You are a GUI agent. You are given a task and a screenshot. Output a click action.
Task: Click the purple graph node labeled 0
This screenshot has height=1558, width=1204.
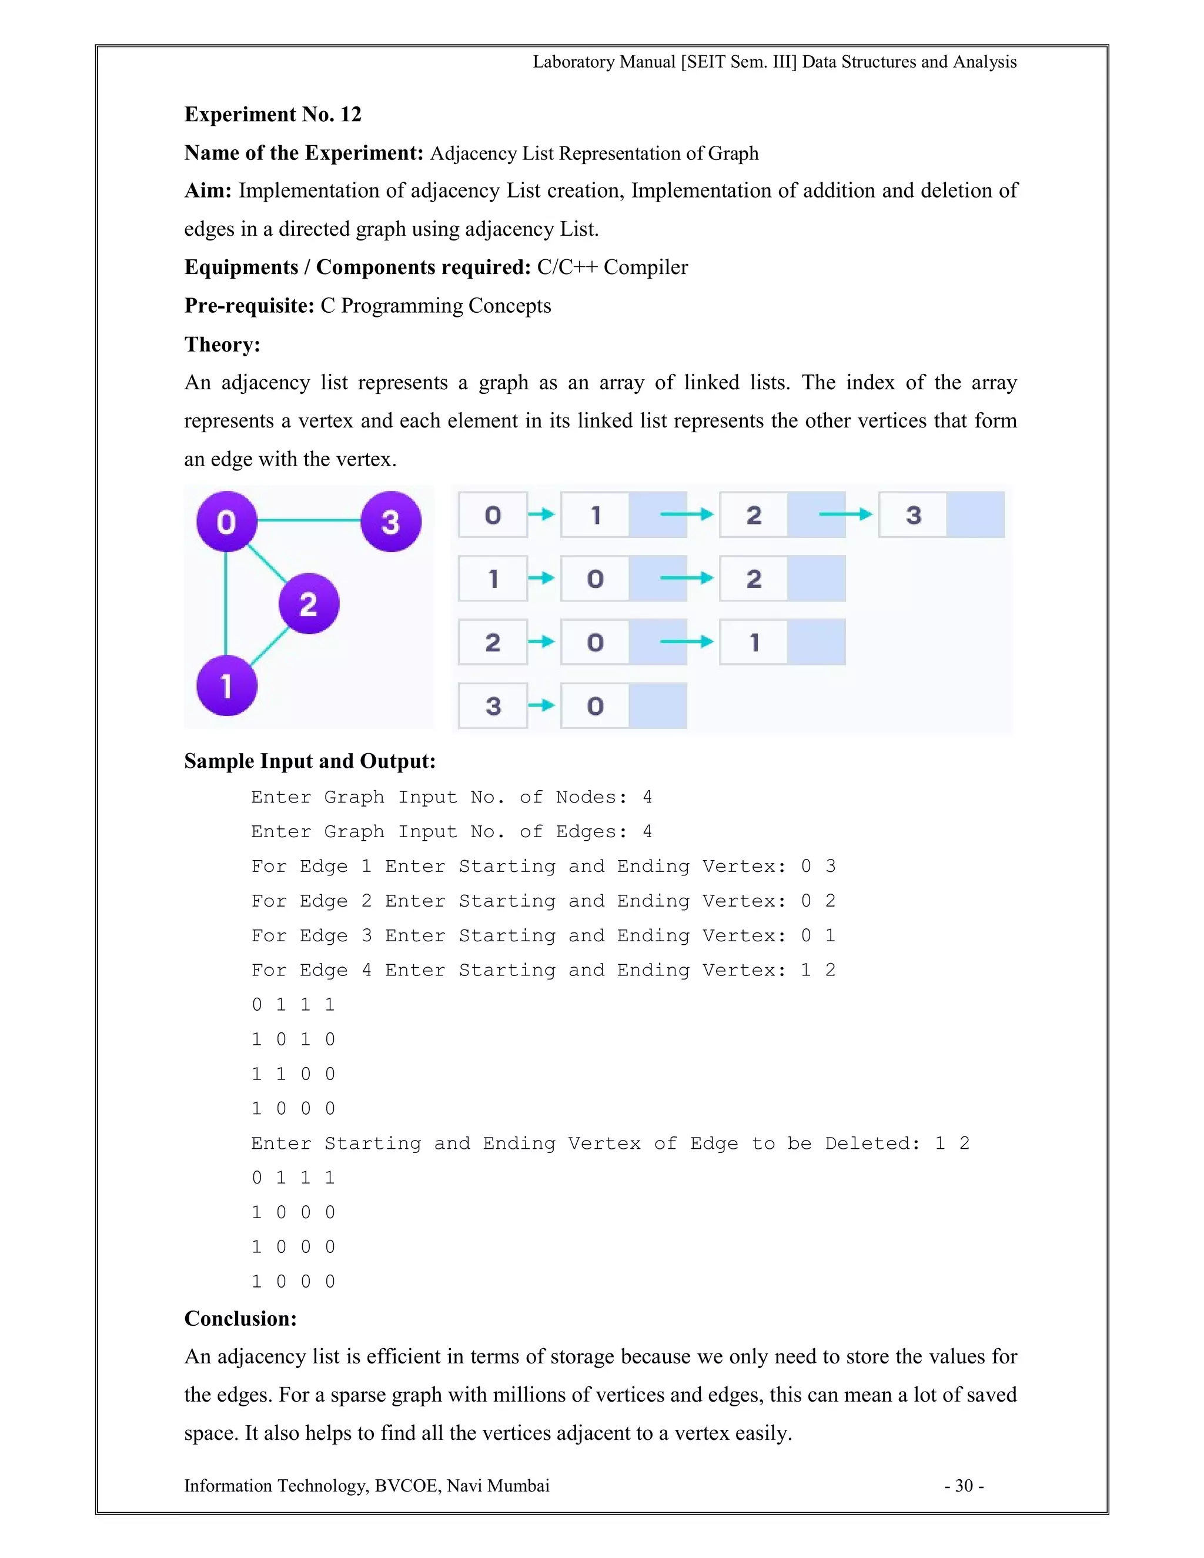[227, 521]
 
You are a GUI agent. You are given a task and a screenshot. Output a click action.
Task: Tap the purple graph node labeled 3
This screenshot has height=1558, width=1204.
[390, 521]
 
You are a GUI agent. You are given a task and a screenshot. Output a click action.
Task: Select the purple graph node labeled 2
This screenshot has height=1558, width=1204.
[308, 604]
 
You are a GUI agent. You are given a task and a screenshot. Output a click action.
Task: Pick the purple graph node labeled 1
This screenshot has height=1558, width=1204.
[227, 686]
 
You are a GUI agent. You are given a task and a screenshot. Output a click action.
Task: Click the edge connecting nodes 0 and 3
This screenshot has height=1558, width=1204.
[308, 520]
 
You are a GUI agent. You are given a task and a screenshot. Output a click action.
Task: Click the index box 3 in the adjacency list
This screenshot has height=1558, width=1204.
[493, 706]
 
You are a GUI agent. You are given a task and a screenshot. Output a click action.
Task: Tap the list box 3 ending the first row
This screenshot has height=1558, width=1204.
[914, 514]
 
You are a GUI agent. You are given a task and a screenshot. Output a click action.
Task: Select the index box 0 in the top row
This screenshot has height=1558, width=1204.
[493, 514]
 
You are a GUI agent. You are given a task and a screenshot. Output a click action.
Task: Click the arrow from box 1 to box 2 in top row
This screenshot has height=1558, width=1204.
[686, 514]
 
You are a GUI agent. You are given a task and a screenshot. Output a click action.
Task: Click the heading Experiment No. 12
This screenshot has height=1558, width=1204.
[272, 114]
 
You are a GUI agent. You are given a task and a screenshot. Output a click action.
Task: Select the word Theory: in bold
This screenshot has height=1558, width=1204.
[222, 345]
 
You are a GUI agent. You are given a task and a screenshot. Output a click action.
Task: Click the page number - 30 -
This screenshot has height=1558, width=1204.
[964, 1485]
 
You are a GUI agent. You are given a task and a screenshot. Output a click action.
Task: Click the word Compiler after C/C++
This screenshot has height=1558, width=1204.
[646, 267]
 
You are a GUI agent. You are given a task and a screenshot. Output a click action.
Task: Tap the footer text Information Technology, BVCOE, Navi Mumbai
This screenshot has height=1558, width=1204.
[367, 1485]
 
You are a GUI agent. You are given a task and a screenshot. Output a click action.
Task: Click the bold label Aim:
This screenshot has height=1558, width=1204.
[208, 190]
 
